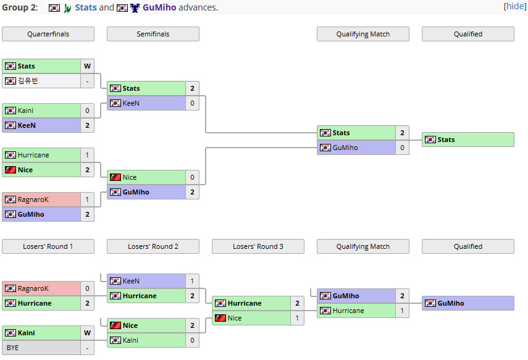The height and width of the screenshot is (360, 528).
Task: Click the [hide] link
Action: click(515, 6)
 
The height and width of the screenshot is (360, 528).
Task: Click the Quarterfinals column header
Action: click(48, 34)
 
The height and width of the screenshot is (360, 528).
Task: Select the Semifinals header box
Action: click(153, 34)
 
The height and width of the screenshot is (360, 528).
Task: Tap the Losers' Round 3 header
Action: click(258, 246)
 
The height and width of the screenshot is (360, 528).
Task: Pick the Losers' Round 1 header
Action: click(48, 246)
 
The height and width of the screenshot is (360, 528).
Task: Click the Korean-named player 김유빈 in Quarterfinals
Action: click(28, 81)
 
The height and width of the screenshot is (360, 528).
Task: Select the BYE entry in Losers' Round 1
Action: click(13, 348)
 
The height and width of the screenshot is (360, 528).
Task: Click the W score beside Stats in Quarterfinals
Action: click(87, 66)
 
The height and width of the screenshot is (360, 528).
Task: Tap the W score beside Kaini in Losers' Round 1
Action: click(87, 333)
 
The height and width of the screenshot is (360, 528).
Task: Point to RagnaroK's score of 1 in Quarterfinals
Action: click(87, 199)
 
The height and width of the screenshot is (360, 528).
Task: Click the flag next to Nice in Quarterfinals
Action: click(10, 170)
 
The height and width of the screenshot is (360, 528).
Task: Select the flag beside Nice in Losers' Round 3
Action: click(220, 318)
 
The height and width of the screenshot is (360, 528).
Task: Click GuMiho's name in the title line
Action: click(159, 7)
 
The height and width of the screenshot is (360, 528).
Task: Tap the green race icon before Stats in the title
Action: click(67, 8)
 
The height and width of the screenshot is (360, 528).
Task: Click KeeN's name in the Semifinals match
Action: click(131, 103)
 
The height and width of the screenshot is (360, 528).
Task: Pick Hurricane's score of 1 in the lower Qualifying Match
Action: click(402, 311)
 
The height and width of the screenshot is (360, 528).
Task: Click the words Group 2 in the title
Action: click(19, 7)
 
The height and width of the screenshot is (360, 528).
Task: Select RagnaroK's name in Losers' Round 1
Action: click(33, 288)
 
